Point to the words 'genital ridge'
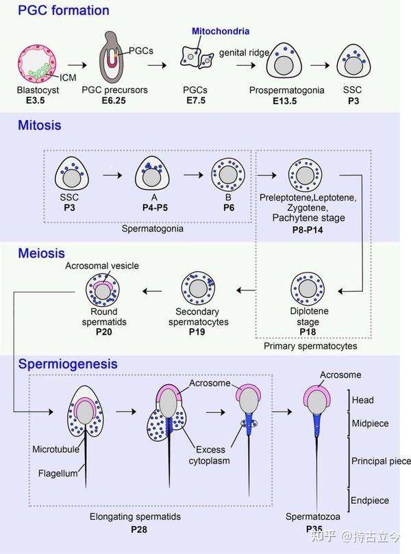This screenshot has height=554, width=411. (241, 53)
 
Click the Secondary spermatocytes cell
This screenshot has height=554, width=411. (199, 288)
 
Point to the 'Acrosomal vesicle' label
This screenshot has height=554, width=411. (98, 265)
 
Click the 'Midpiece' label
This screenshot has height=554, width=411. (370, 423)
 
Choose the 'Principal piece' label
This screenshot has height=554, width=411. (380, 461)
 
